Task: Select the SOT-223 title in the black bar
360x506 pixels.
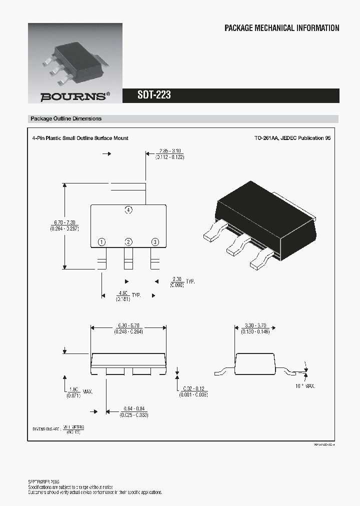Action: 154,95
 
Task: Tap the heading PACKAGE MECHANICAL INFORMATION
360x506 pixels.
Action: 281,28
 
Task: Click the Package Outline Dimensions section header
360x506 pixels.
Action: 66,119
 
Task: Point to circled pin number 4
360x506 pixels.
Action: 128,210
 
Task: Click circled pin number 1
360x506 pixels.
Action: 102,242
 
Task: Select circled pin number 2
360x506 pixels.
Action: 128,242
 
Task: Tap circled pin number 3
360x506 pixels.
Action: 155,242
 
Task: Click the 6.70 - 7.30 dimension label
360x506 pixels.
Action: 64,225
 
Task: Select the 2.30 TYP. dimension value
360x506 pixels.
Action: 177,281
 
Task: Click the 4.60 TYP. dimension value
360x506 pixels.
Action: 123,295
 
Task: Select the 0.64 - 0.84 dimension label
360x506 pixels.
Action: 133,412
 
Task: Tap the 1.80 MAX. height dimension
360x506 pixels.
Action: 74,392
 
